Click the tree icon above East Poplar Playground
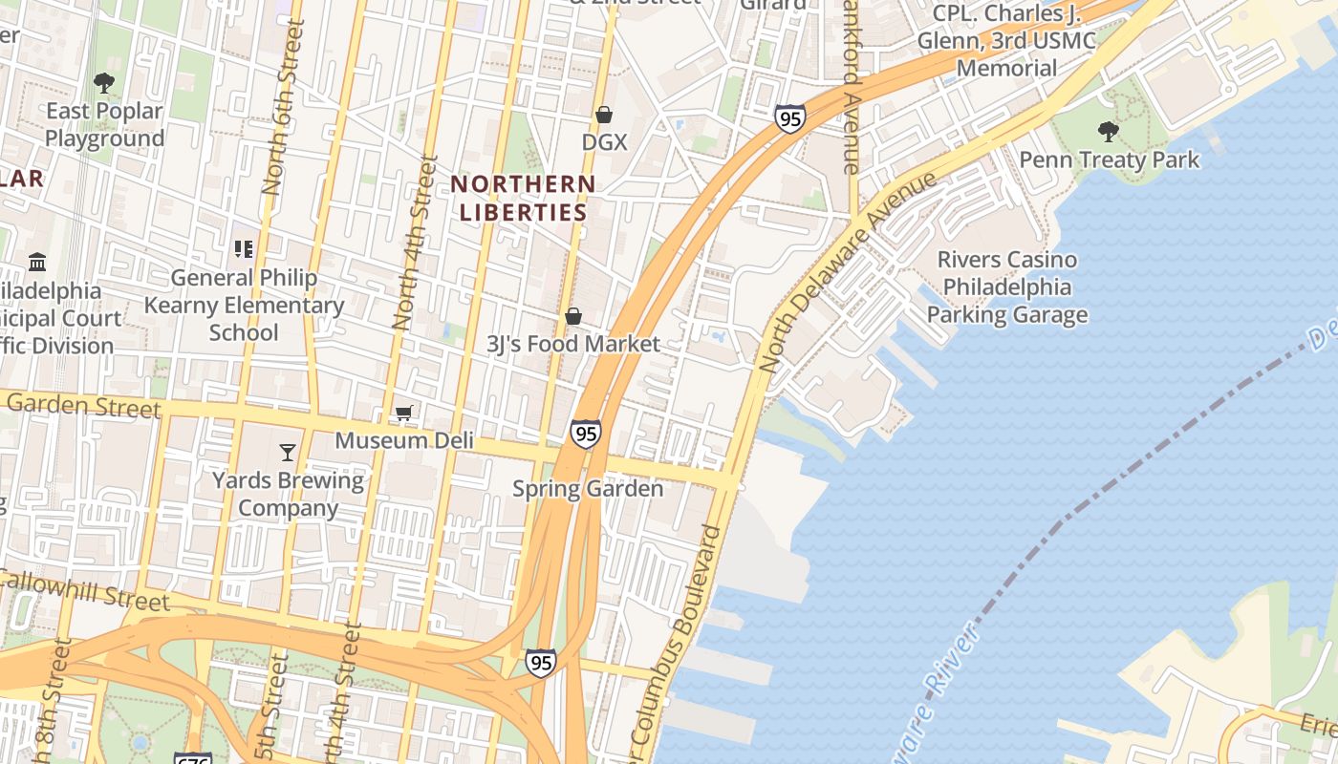pos(104,84)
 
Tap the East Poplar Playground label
pos(104,125)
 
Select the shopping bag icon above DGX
pos(604,116)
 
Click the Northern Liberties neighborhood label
pos(523,198)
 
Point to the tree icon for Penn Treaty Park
pos(1109,131)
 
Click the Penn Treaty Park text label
pos(1109,159)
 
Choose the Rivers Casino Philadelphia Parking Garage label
pos(1007,287)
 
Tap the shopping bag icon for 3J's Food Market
pos(573,316)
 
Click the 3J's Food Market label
pos(573,344)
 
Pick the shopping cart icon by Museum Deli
pos(403,414)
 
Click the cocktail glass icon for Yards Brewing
pos(288,452)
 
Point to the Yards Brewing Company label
pos(288,494)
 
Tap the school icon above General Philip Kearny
pos(244,249)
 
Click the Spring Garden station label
pos(588,489)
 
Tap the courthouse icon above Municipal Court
pos(37,262)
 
